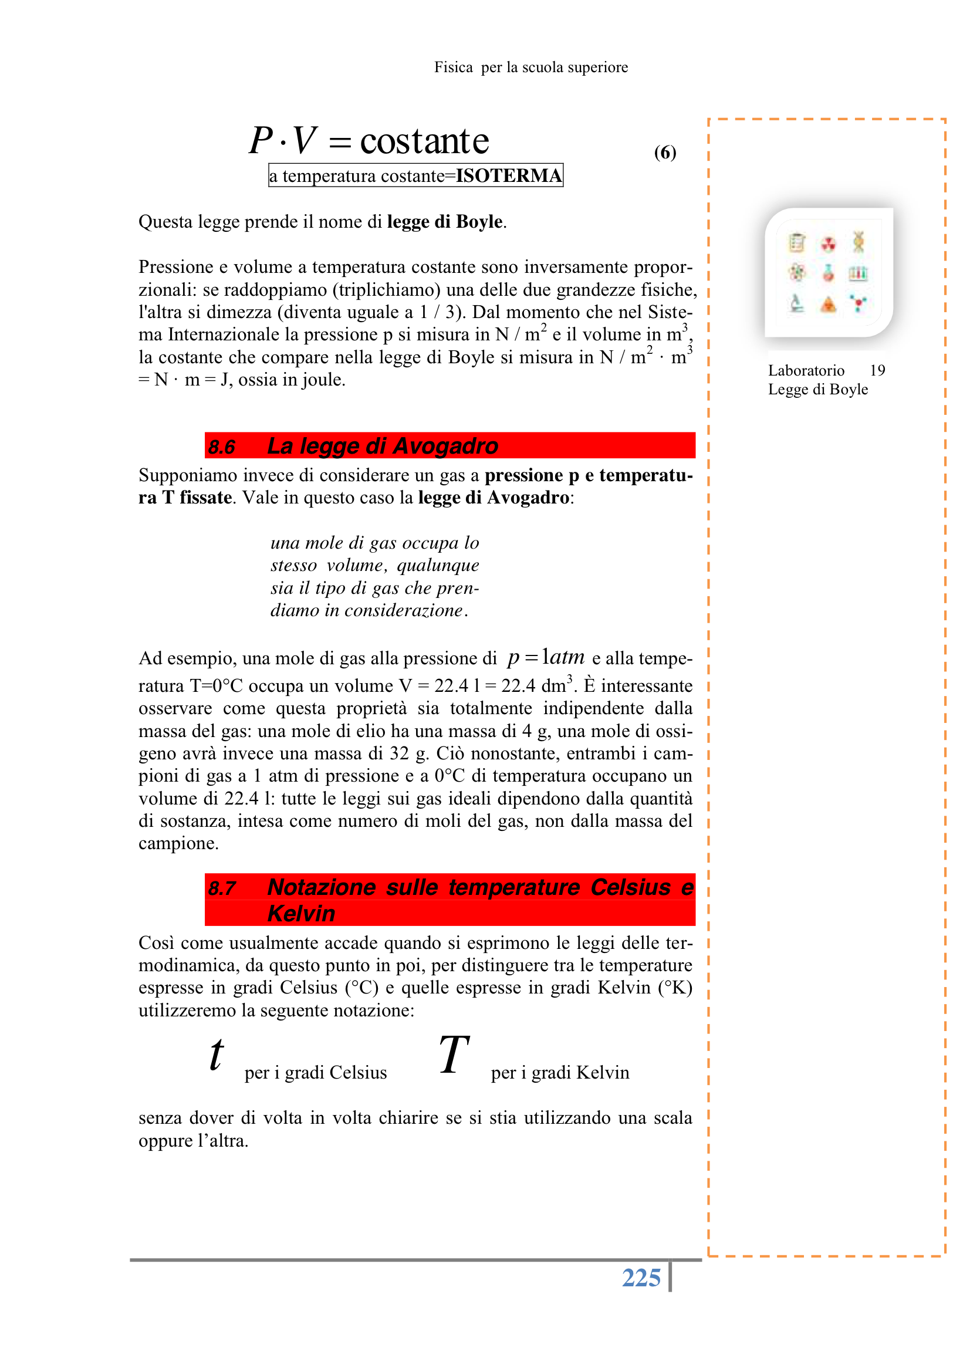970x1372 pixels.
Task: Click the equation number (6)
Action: coord(665,153)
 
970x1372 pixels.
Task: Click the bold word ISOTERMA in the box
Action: coord(508,175)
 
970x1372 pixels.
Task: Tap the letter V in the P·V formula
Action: coord(304,140)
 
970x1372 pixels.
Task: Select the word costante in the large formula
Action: coord(424,141)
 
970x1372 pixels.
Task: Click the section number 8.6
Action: coord(222,447)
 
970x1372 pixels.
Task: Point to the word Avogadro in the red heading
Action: coord(445,447)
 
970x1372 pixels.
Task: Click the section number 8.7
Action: coord(222,888)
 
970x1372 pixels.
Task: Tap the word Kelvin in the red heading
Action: coord(301,914)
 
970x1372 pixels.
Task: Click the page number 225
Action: coord(641,1278)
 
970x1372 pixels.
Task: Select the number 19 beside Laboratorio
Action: coord(877,370)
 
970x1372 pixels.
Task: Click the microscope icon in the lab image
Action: coord(796,304)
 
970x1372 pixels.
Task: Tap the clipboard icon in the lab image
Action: coord(797,242)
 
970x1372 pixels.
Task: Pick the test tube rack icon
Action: coord(859,273)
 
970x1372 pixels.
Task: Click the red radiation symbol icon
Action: coord(828,243)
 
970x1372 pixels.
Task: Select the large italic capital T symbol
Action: coord(454,1055)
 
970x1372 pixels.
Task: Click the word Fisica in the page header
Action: coord(453,67)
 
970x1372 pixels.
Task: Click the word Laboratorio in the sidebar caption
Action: coord(806,370)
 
